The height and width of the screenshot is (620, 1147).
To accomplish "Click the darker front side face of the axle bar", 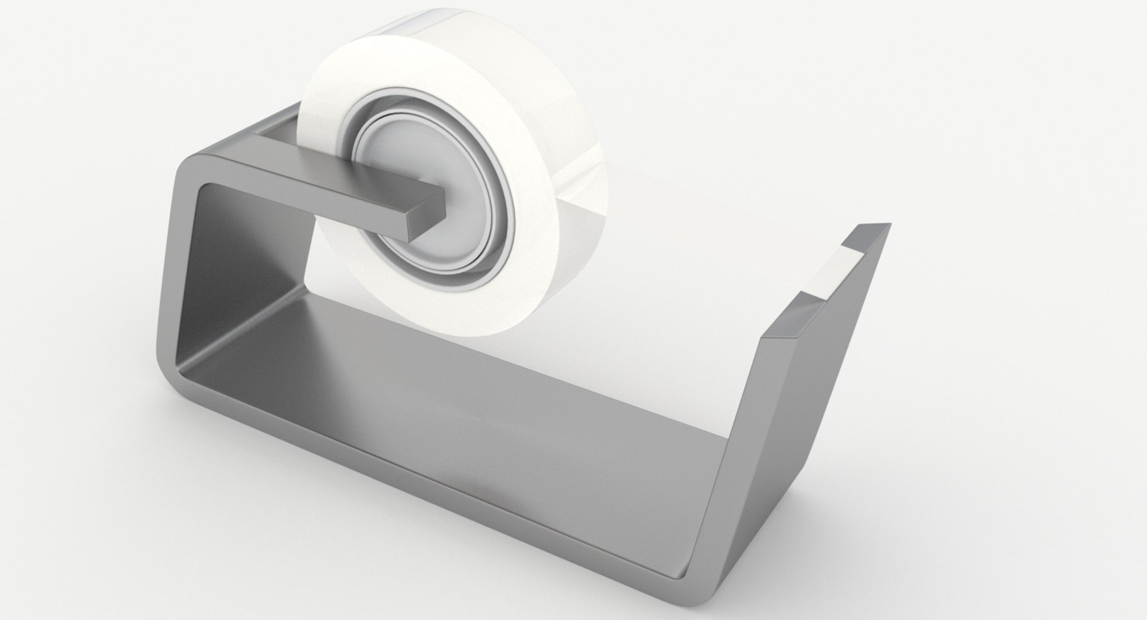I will [358, 206].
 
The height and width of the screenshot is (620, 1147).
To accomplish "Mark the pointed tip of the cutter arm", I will [887, 226].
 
